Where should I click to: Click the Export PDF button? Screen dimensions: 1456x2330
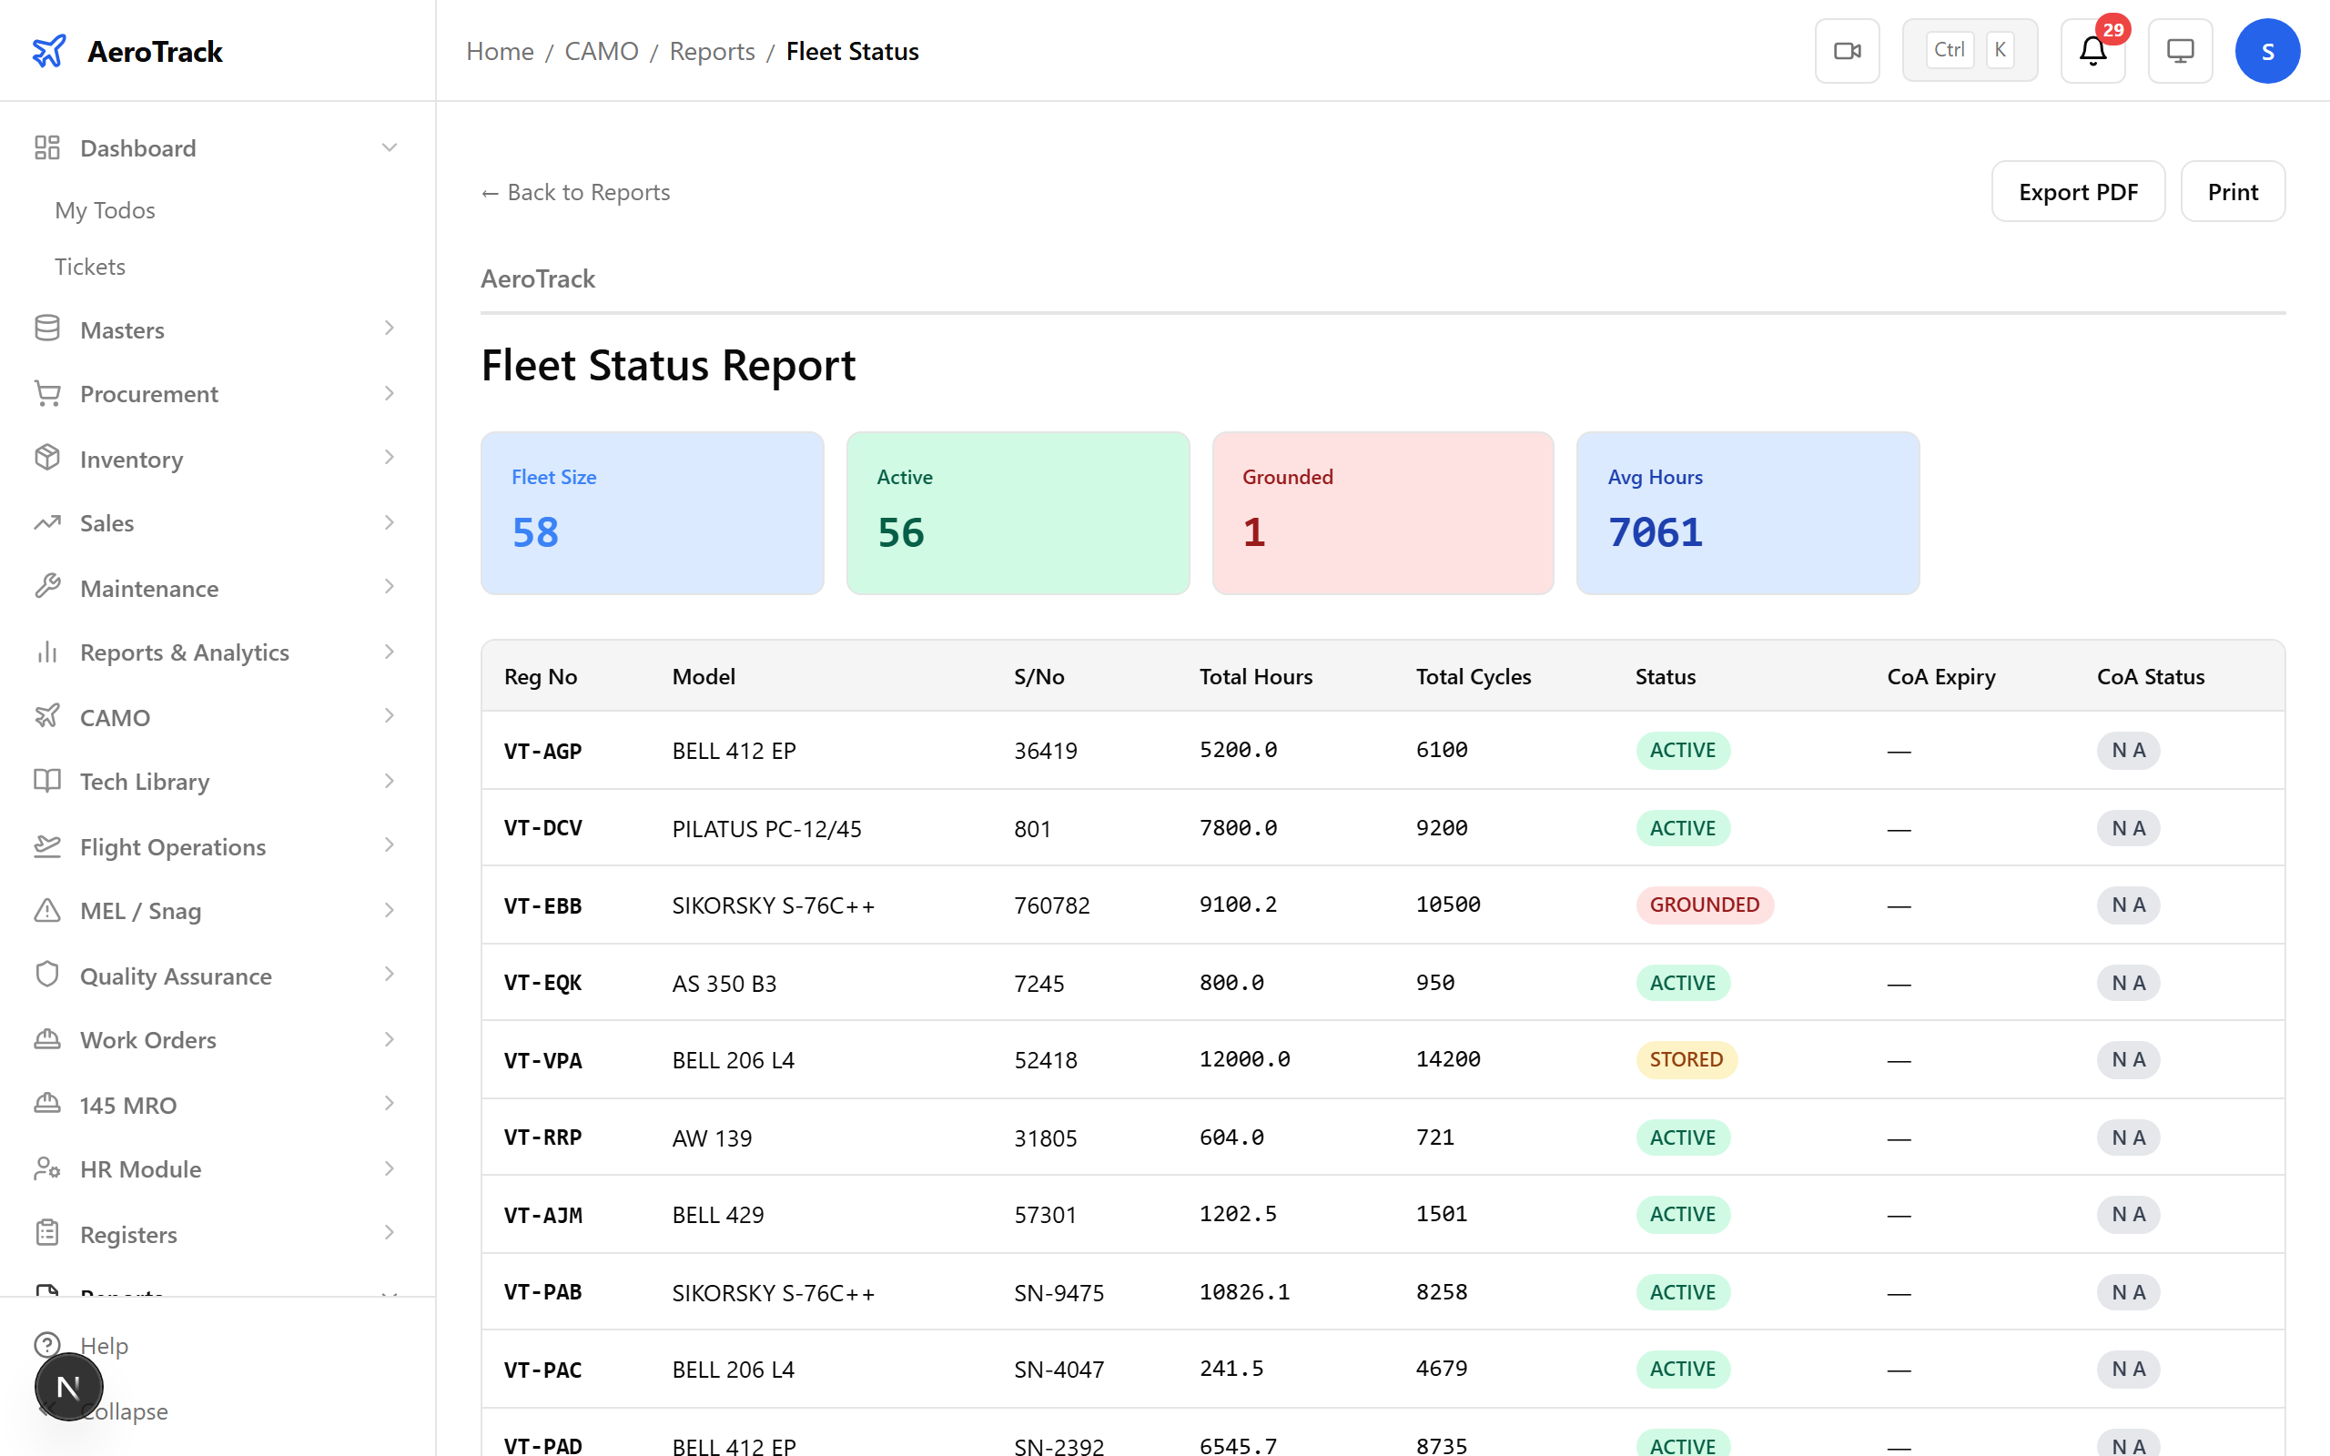pyautogui.click(x=2077, y=192)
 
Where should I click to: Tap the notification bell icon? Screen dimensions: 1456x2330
pyautogui.click(x=2092, y=51)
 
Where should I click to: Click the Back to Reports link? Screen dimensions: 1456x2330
pyautogui.click(x=576, y=193)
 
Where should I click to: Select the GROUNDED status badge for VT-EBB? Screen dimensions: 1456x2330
pyautogui.click(x=1703, y=905)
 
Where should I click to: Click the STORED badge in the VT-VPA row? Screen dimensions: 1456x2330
pyautogui.click(x=1685, y=1059)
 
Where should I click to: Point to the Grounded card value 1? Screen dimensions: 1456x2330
pyautogui.click(x=1253, y=532)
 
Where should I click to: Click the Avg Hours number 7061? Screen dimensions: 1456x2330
pyautogui.click(x=1655, y=532)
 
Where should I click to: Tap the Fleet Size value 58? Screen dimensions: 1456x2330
pyautogui.click(x=535, y=532)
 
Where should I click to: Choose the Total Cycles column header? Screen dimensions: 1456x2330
pyautogui.click(x=1474, y=677)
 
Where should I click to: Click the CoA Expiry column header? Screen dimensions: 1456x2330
pyautogui.click(x=1940, y=677)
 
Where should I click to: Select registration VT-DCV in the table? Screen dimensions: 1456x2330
pyautogui.click(x=543, y=828)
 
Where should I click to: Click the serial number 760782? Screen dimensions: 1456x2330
pyautogui.click(x=1051, y=905)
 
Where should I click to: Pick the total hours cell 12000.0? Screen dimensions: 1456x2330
pyautogui.click(x=1244, y=1059)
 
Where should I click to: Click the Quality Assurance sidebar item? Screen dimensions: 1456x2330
pyautogui.click(x=177, y=976)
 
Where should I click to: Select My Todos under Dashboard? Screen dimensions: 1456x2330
pyautogui.click(x=105, y=210)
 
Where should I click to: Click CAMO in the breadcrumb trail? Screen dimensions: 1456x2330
pyautogui.click(x=601, y=51)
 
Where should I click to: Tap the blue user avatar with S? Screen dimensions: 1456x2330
pyautogui.click(x=2266, y=51)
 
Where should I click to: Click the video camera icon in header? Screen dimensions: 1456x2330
pyautogui.click(x=1847, y=51)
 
